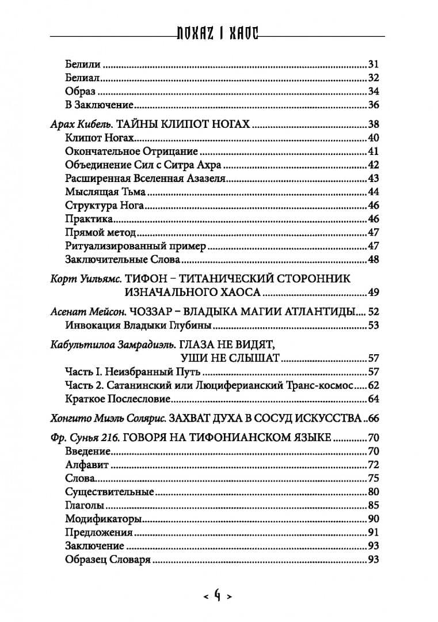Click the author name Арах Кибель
[x=79, y=124]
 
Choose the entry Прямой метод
[x=93, y=233]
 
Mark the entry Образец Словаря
[x=100, y=560]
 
